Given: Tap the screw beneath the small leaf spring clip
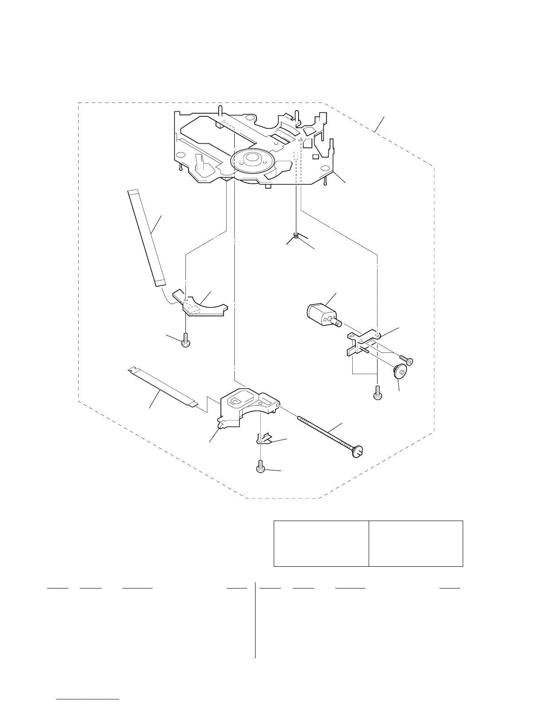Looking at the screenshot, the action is coord(261,467).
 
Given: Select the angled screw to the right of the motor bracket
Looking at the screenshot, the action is coord(406,360).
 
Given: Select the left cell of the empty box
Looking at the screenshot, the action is coord(321,544).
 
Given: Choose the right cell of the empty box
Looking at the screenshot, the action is coord(416,544).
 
